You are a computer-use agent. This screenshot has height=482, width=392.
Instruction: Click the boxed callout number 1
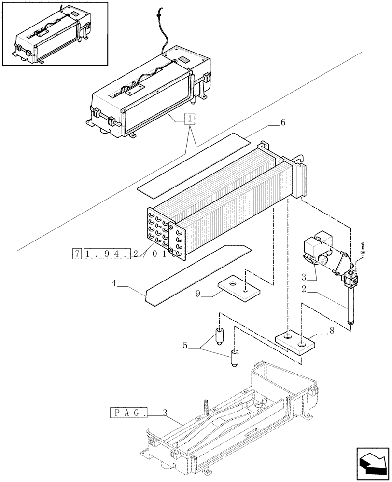191,119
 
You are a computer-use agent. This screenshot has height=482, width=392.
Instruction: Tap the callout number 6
283,122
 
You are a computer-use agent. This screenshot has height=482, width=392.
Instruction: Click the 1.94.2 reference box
107,254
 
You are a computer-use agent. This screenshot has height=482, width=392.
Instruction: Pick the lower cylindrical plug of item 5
235,358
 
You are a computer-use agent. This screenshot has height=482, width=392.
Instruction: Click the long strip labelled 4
198,275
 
